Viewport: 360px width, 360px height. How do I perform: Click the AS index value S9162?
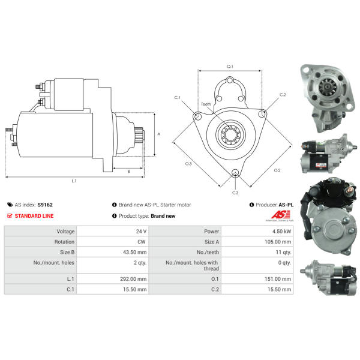45,205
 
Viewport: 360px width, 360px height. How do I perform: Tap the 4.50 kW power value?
282,231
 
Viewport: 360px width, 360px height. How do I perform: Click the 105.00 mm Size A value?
278,242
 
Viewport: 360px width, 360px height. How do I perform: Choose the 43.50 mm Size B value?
135,252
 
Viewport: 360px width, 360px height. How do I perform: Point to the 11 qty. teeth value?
283,252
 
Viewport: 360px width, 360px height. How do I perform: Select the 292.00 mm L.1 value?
133,279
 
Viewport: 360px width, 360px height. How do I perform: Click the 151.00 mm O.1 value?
278,279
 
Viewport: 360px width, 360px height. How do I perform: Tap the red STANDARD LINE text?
34,216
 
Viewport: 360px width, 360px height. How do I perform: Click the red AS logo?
281,215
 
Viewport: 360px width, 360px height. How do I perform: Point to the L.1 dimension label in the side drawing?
74,181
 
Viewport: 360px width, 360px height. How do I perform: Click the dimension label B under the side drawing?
128,172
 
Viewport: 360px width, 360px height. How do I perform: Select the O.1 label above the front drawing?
230,67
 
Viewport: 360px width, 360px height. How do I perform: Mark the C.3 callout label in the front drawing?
235,193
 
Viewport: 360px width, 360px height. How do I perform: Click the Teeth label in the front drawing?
206,104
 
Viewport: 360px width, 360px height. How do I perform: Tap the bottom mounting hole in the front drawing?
235,173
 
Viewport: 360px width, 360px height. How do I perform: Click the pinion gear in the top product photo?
328,87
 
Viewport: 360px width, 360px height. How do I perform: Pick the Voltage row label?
65,231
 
